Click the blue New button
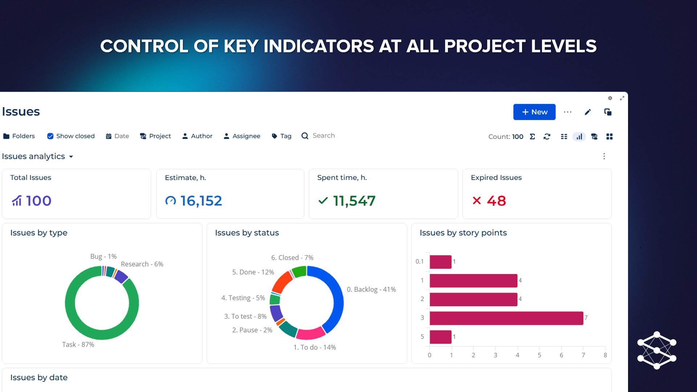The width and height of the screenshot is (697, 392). [534, 112]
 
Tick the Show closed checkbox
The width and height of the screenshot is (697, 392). [50, 136]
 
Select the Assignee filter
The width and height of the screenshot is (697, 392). [242, 136]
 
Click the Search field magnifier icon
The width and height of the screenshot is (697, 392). [305, 136]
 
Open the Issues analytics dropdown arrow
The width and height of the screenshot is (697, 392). [71, 157]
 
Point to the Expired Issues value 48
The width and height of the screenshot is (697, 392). [496, 201]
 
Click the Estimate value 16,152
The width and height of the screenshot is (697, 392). [201, 201]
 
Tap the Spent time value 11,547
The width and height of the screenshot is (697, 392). [354, 201]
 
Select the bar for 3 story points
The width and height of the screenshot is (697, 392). [506, 318]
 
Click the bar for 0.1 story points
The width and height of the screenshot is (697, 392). [440, 262]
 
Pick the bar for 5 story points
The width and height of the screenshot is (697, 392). [440, 337]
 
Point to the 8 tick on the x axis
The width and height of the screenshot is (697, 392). [605, 355]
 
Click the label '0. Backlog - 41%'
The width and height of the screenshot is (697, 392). [371, 289]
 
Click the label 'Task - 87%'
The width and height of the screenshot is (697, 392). [78, 344]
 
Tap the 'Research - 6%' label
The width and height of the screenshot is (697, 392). [142, 264]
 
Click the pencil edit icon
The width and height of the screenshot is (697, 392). [588, 112]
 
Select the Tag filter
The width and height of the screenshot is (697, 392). [282, 136]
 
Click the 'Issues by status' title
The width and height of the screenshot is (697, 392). [247, 233]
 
